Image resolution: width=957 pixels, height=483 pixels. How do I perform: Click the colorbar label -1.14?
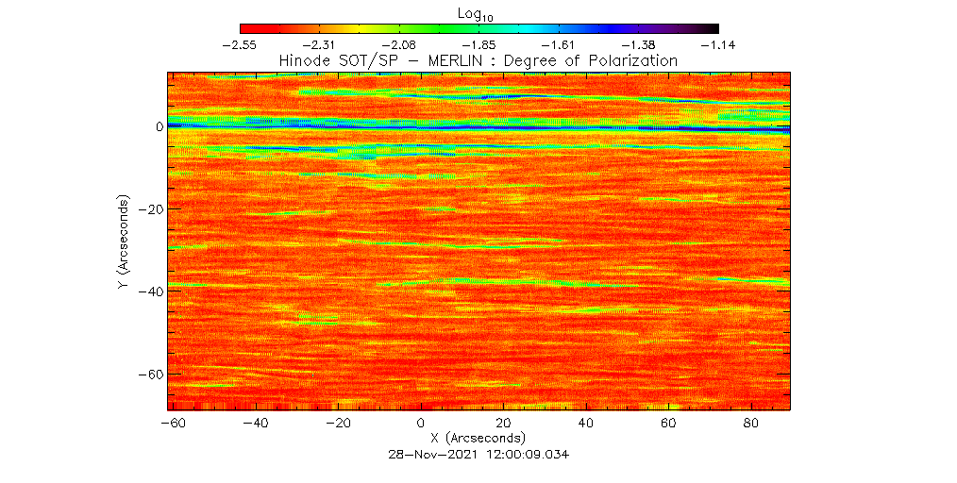click(718, 44)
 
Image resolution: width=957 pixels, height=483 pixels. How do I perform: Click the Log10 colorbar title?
click(479, 13)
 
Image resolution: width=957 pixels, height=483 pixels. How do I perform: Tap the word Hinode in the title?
click(302, 60)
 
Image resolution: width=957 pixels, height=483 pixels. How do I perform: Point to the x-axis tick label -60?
click(172, 425)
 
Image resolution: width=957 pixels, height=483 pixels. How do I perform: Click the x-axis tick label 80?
click(752, 425)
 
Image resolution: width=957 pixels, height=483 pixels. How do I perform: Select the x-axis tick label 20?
click(503, 425)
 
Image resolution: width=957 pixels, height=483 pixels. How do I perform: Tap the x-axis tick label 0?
click(421, 425)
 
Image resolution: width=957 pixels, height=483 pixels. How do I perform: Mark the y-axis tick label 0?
click(159, 125)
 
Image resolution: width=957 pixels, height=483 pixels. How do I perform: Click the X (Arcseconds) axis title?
click(478, 439)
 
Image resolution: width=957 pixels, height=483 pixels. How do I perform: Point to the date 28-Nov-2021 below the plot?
click(431, 454)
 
